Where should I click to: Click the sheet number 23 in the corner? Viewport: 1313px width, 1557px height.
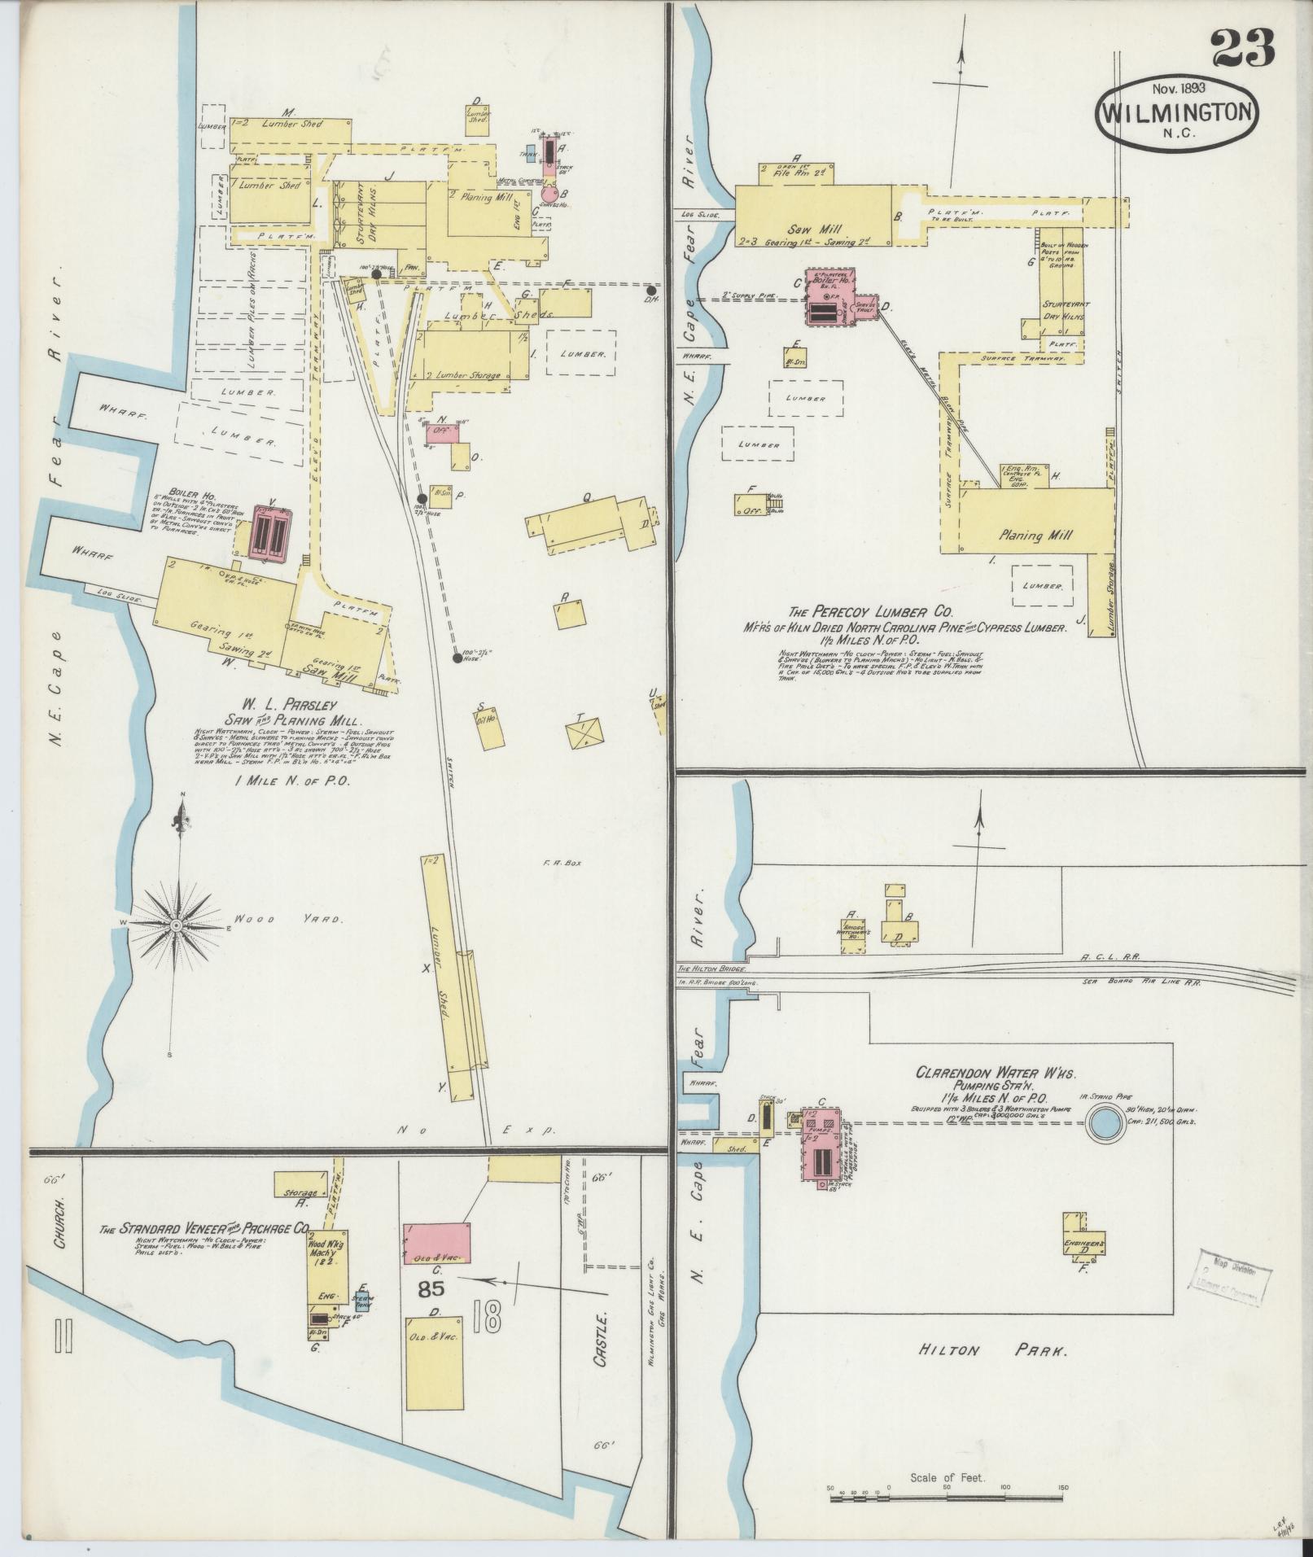tap(1242, 49)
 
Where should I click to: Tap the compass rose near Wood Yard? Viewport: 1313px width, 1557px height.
tap(175, 926)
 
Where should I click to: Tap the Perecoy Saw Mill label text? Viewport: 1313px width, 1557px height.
tap(822, 230)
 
